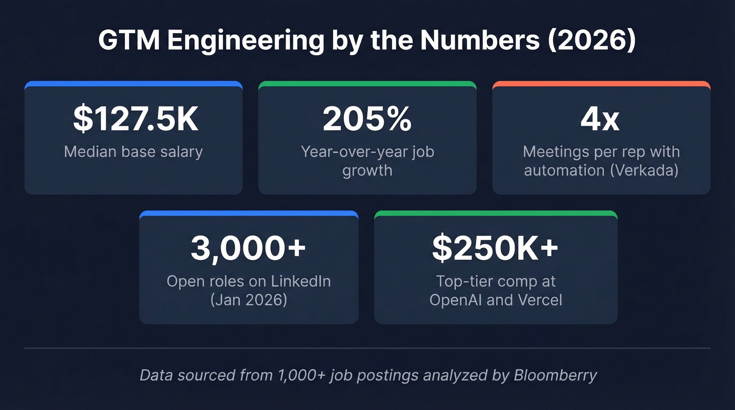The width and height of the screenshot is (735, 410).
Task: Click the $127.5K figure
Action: tap(135, 120)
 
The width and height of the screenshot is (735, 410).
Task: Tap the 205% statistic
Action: tap(367, 120)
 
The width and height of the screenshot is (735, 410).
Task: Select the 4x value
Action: tap(601, 120)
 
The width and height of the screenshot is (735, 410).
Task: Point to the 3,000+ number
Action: tap(248, 248)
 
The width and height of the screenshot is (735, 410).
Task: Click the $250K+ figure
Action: tap(495, 248)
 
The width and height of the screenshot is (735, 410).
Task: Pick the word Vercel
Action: tap(539, 300)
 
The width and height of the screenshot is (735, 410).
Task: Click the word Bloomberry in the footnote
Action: tap(555, 375)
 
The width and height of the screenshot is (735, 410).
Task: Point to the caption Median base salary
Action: tap(133, 152)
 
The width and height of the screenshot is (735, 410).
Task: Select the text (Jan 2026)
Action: tap(248, 300)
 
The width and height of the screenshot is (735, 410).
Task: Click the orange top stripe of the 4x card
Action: tap(601, 83)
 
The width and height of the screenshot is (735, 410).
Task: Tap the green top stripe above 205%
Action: tap(367, 83)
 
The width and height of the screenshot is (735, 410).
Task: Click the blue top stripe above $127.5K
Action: tap(133, 83)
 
